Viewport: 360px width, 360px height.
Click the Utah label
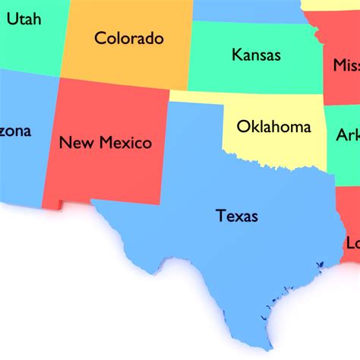coord(24,18)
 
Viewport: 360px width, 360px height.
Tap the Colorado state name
coord(129,37)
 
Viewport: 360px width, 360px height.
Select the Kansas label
coord(256,55)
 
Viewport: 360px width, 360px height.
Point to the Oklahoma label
coord(274,126)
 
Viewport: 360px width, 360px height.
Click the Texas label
coord(237,216)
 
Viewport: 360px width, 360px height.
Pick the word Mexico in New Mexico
coord(125,142)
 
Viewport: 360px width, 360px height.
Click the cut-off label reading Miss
coord(346,65)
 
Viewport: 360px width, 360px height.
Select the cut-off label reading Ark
coord(348,135)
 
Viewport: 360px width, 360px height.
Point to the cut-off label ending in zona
coord(15,131)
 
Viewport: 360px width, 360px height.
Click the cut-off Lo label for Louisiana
coord(352,243)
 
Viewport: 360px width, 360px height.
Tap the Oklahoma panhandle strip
coord(196,97)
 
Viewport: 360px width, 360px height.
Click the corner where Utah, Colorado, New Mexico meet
coord(61,77)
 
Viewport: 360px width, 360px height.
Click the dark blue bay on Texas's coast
coord(320,264)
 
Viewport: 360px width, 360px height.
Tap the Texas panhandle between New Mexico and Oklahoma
coord(194,129)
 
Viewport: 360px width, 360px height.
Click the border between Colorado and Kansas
coord(189,53)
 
